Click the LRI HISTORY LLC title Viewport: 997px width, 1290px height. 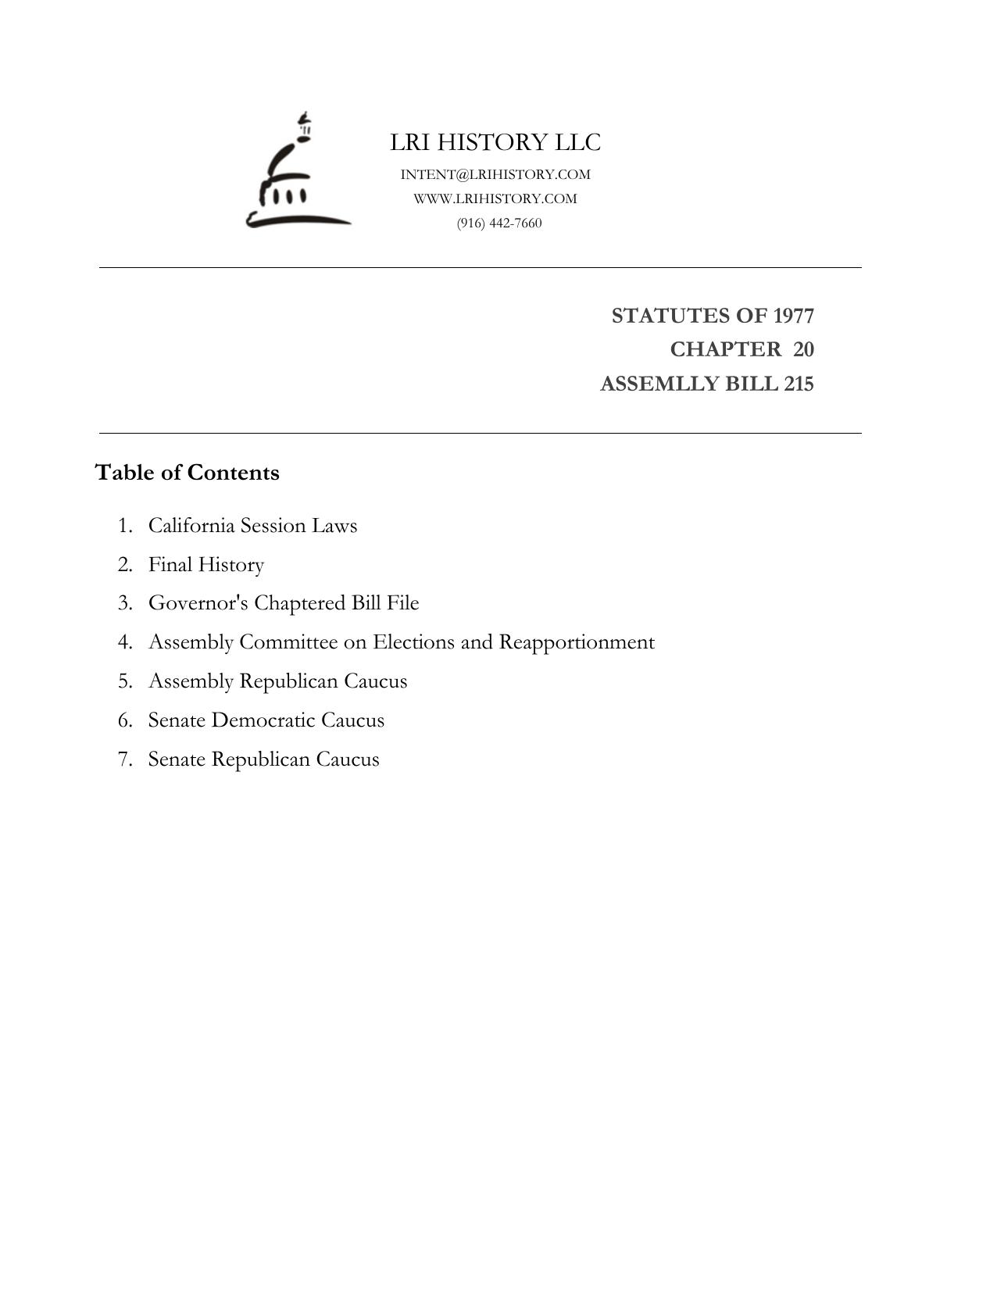(495, 142)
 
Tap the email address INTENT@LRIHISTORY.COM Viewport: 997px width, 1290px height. (495, 174)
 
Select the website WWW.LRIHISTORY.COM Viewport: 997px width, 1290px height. (495, 198)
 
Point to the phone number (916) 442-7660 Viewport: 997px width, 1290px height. (499, 223)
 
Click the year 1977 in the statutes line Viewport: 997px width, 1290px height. (793, 316)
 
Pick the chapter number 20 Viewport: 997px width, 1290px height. (803, 349)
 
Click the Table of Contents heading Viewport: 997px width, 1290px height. (187, 473)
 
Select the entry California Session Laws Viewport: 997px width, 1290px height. (252, 525)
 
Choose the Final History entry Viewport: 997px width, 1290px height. (206, 564)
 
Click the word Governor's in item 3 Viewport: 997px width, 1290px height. (198, 603)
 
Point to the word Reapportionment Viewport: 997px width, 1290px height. (577, 642)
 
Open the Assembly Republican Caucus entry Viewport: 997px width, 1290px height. (277, 681)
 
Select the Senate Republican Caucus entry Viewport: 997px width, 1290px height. (263, 759)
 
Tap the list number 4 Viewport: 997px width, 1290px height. (125, 642)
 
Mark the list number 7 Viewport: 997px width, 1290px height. (125, 759)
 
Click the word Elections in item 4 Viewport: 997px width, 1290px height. (413, 642)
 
